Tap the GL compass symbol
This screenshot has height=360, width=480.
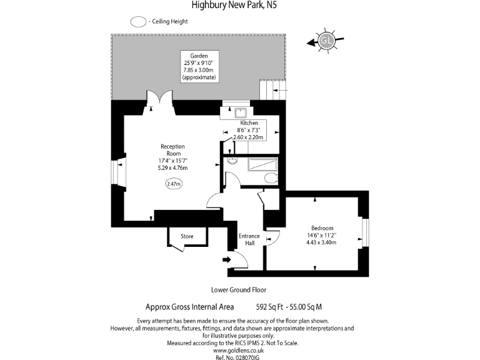click(x=326, y=41)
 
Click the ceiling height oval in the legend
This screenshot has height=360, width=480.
click(x=138, y=21)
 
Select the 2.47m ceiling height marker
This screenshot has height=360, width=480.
click(x=173, y=184)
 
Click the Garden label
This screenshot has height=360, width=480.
click(x=199, y=56)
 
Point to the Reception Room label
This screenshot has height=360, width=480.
click(x=173, y=149)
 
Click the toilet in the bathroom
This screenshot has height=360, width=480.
click(x=271, y=178)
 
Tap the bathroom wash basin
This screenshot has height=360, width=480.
click(x=232, y=162)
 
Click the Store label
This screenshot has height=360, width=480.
click(x=187, y=236)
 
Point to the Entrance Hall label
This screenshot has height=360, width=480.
click(x=249, y=239)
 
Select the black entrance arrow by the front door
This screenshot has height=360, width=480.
click(x=226, y=259)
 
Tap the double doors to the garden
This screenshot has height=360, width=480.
click(x=157, y=100)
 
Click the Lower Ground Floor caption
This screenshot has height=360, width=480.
click(x=239, y=290)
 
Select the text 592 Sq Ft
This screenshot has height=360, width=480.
click(x=270, y=307)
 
